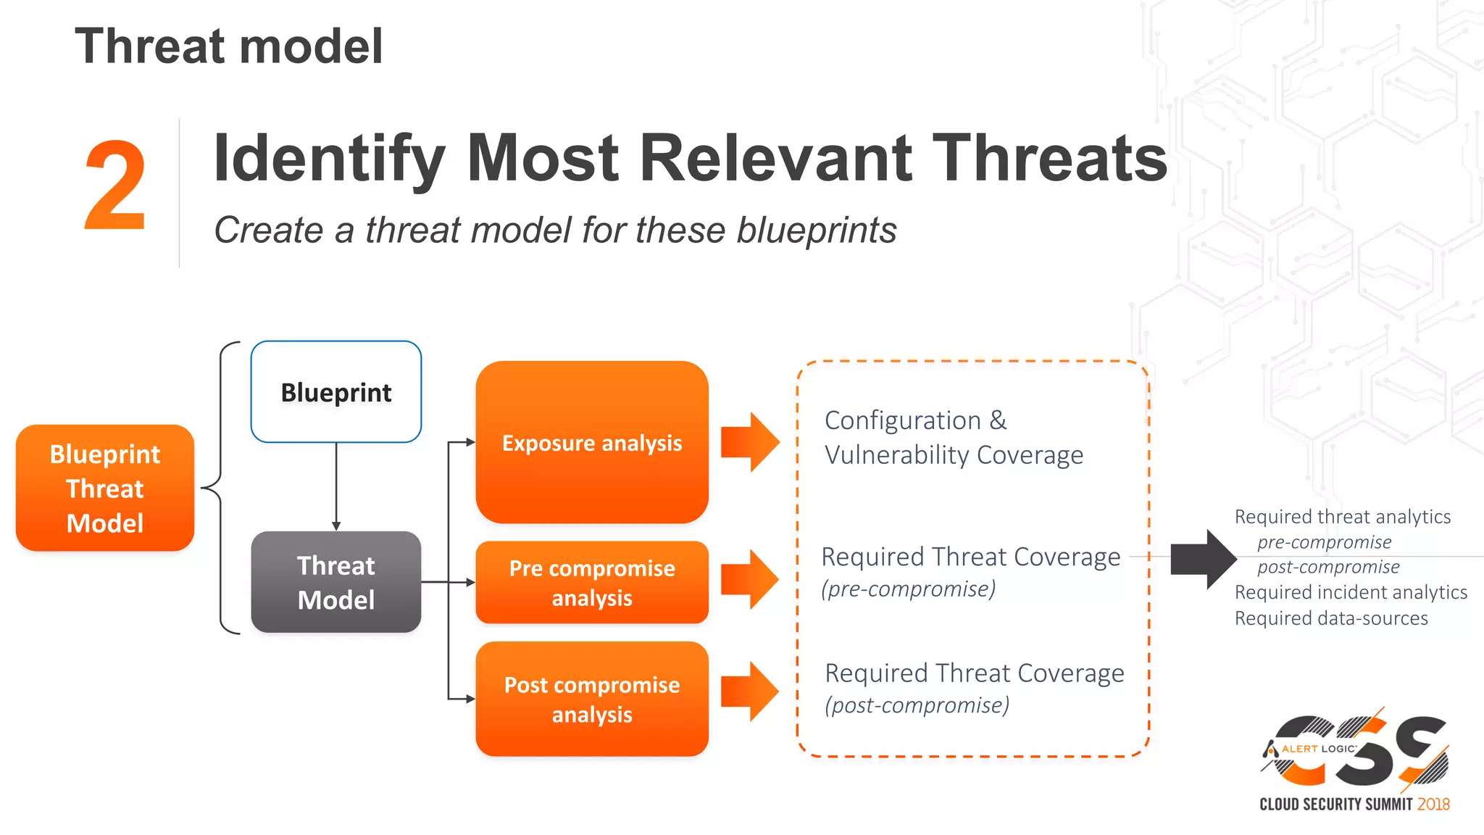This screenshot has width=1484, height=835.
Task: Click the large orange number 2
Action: pyautogui.click(x=115, y=186)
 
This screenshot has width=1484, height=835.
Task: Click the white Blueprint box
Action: pyautogui.click(x=335, y=391)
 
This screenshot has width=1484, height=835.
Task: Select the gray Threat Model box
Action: pyautogui.click(x=335, y=582)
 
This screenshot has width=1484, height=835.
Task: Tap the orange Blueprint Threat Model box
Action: pyautogui.click(x=105, y=488)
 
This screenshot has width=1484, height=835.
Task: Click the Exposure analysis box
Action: pyautogui.click(x=591, y=442)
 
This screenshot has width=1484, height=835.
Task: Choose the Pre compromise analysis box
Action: pyautogui.click(x=591, y=582)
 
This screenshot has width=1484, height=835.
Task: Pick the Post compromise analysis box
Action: pyautogui.click(x=591, y=699)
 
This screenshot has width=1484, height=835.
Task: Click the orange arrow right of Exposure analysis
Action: pyautogui.click(x=751, y=442)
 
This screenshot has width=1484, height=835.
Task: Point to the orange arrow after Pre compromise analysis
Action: pyautogui.click(x=751, y=578)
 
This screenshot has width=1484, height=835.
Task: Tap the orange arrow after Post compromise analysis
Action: pyautogui.click(x=751, y=691)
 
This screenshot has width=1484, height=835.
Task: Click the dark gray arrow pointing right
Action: pyautogui.click(x=1203, y=559)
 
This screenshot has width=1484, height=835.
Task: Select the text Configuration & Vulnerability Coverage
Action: pyautogui.click(x=953, y=438)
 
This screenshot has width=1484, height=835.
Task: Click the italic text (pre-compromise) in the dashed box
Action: pyautogui.click(x=908, y=589)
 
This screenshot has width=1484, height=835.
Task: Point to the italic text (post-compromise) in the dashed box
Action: pyautogui.click(x=917, y=705)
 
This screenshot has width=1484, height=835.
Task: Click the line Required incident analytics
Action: pyautogui.click(x=1351, y=592)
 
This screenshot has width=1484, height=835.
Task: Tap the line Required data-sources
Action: pyautogui.click(x=1331, y=618)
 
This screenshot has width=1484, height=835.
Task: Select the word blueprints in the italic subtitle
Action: pyautogui.click(x=816, y=230)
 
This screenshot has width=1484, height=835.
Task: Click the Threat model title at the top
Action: pyautogui.click(x=228, y=46)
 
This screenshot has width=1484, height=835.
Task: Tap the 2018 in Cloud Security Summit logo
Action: pyautogui.click(x=1433, y=804)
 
